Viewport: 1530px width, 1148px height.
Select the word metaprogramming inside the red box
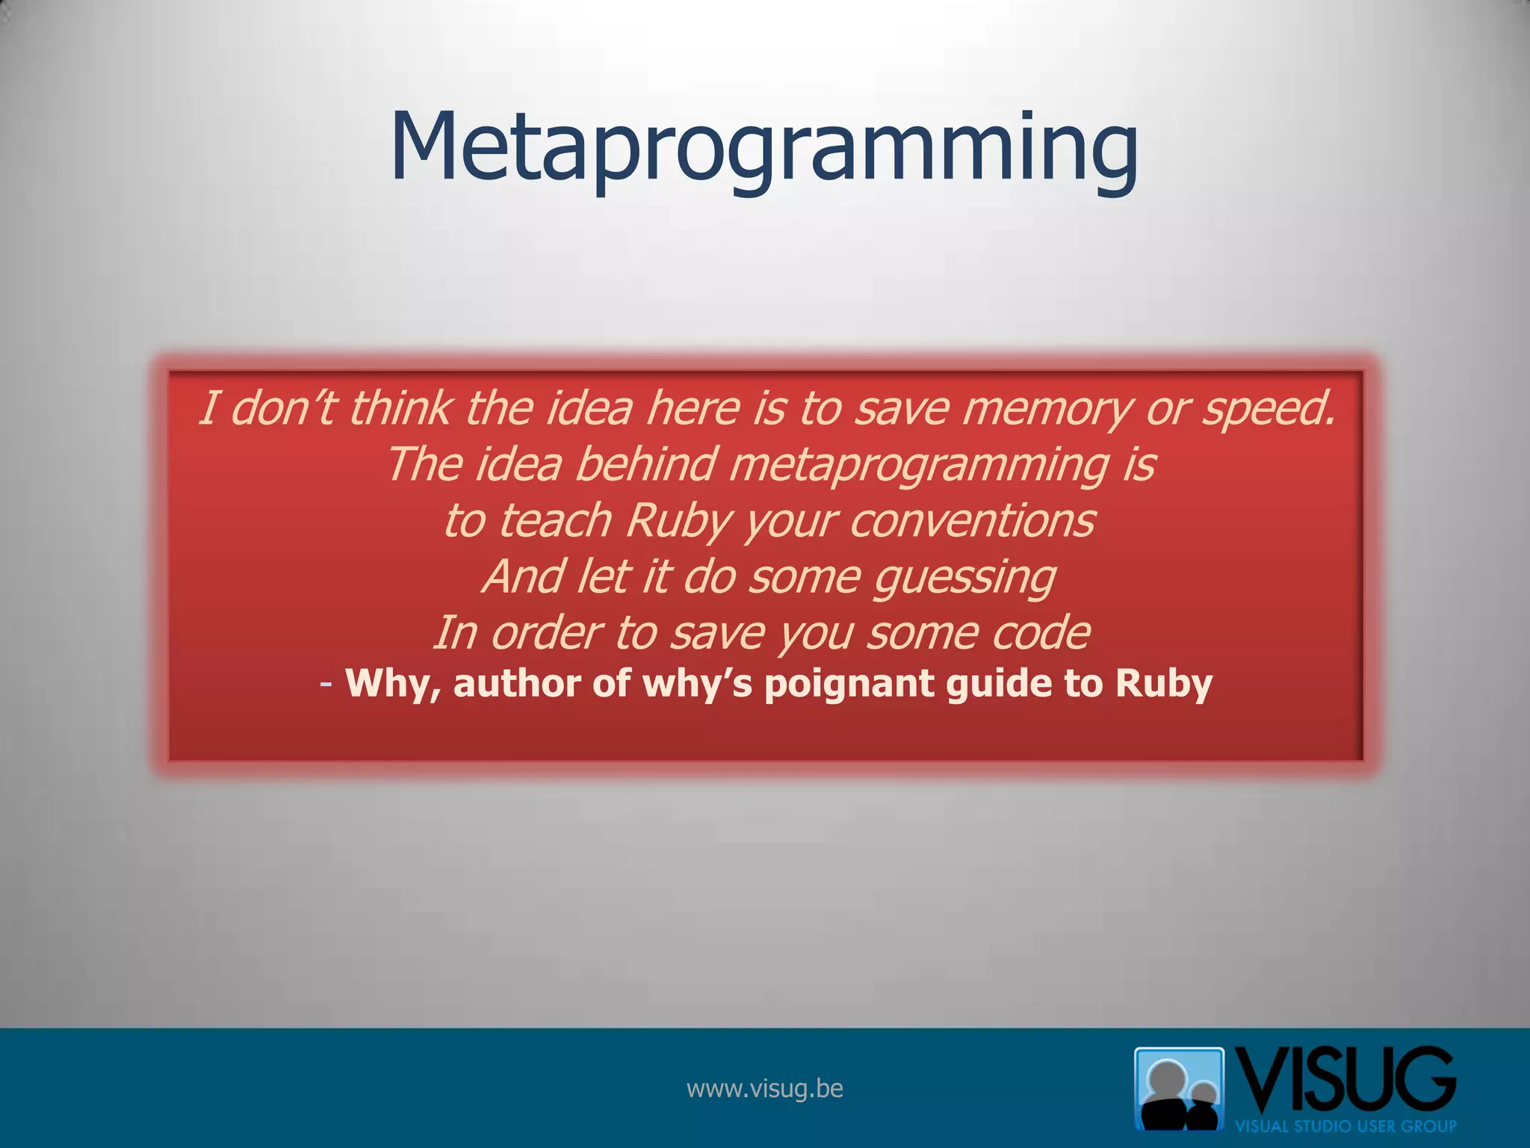(919, 465)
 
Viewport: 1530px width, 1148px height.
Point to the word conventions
(972, 521)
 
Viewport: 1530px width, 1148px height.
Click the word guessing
(964, 578)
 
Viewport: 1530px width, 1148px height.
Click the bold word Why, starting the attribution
(393, 683)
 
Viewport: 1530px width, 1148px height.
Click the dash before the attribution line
(326, 683)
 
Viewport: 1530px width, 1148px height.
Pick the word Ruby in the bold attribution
(1163, 683)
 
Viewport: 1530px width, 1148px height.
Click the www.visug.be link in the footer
(764, 1089)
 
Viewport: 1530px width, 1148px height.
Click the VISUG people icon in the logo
(1179, 1088)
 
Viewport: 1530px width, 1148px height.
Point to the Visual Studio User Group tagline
(1345, 1126)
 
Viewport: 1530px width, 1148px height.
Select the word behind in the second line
(646, 465)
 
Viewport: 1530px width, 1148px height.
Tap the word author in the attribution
(516, 683)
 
